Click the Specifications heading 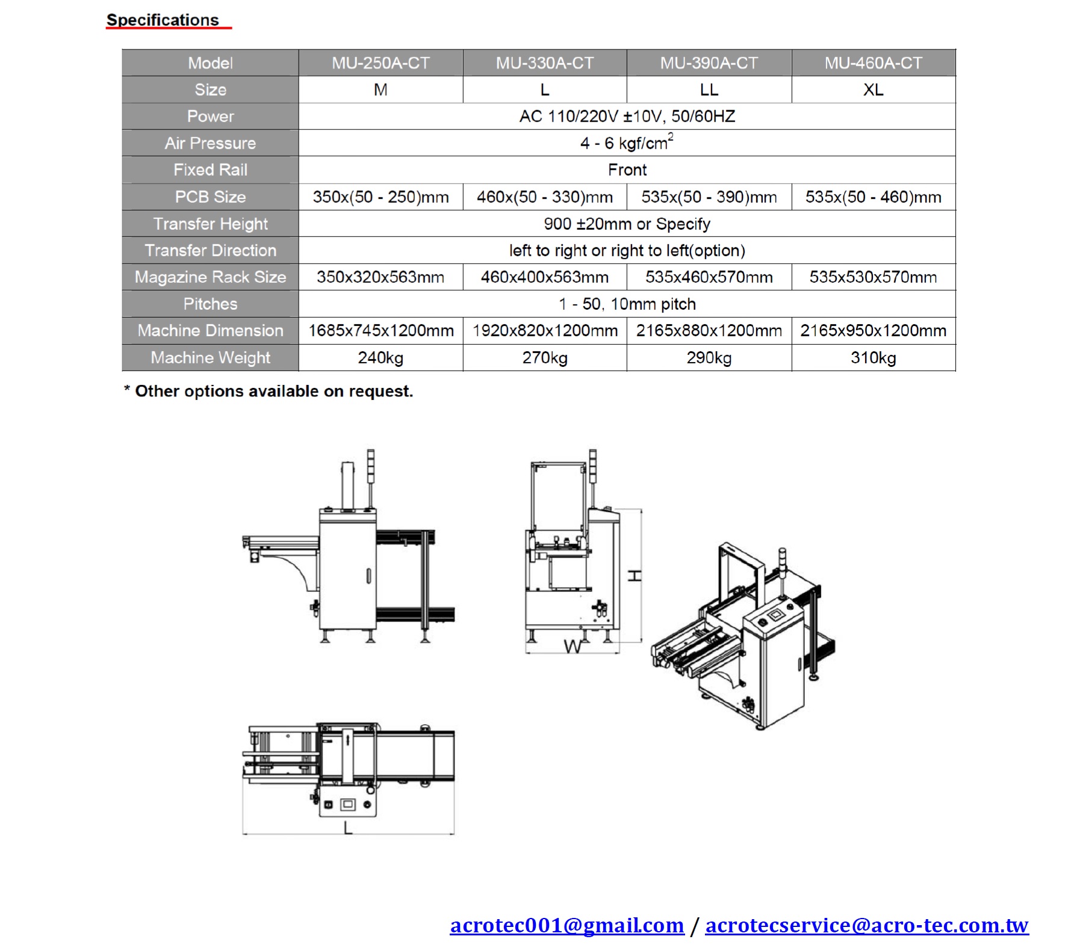coord(163,20)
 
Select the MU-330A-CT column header coord(545,63)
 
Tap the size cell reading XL coord(874,90)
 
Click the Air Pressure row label coord(210,143)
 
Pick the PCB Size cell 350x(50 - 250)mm coord(380,197)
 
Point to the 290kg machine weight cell coord(709,358)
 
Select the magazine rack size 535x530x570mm coord(874,277)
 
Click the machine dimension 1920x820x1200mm coord(545,331)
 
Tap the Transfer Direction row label coord(210,250)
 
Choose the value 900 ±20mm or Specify coord(627,224)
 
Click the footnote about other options coord(268,391)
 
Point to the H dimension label coord(635,576)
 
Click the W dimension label coord(573,647)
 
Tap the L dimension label coord(348,828)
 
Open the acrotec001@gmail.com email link coord(567,925)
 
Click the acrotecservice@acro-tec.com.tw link coord(867,925)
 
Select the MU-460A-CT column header coord(874,63)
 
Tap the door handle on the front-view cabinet coord(368,576)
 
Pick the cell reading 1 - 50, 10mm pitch coord(627,304)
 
